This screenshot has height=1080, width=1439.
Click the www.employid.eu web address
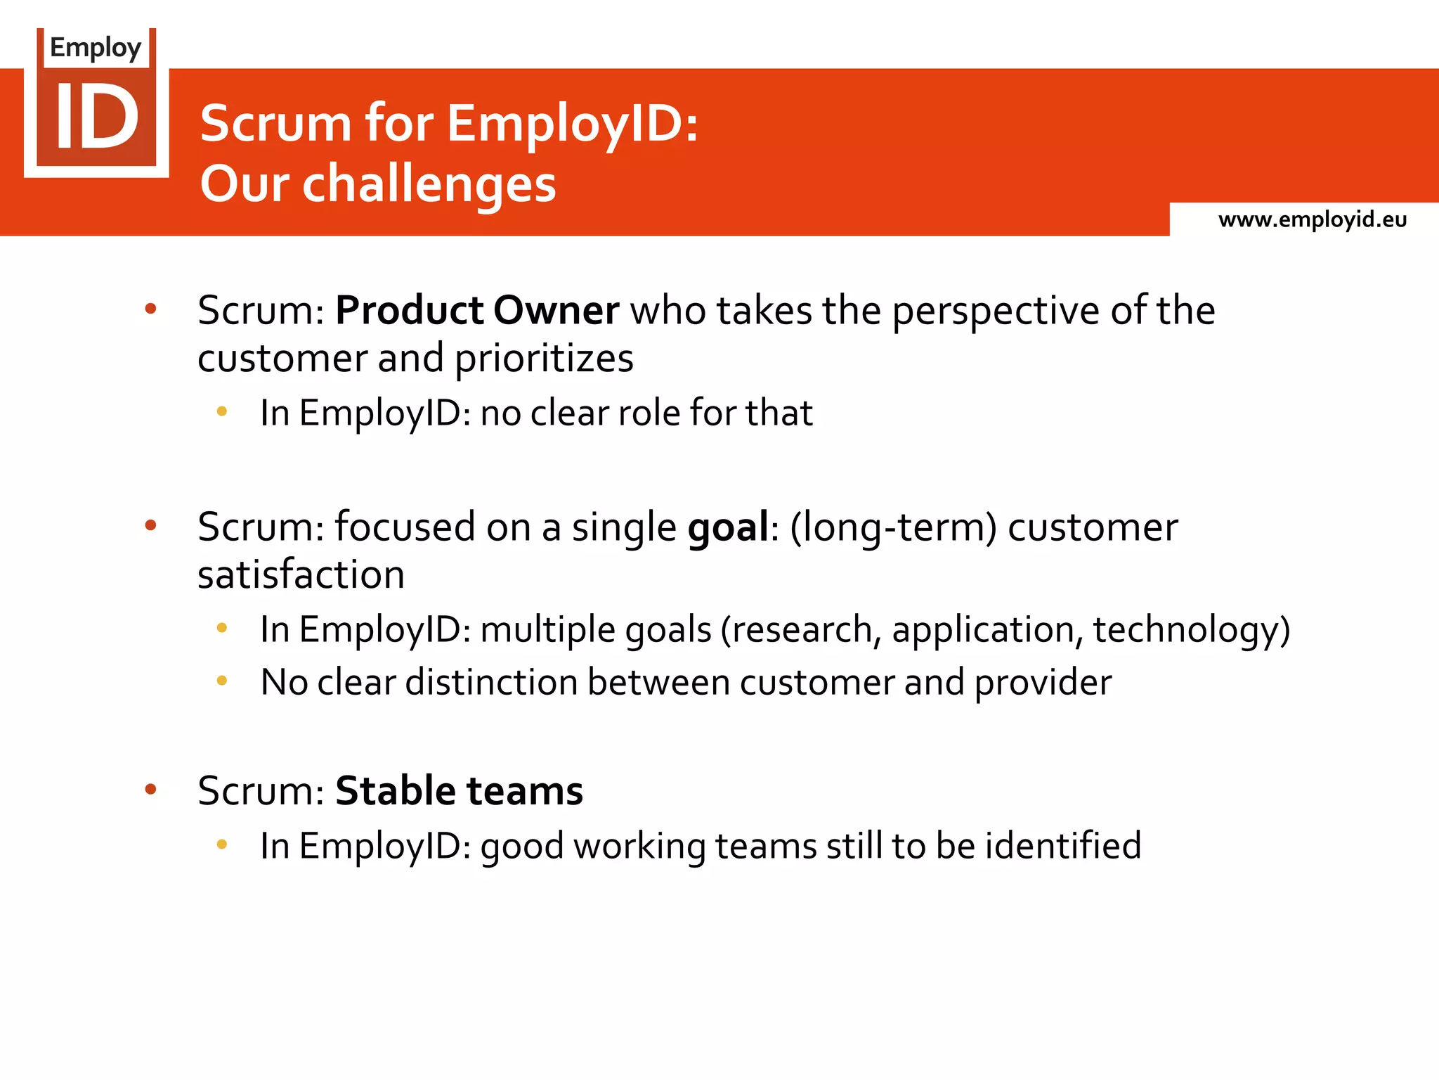(x=1312, y=220)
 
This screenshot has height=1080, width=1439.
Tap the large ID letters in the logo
(x=97, y=117)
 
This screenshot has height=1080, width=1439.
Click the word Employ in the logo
(x=96, y=48)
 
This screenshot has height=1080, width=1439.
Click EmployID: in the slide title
(x=573, y=124)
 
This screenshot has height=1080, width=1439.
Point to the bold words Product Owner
(x=477, y=310)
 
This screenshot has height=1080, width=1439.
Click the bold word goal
(x=728, y=528)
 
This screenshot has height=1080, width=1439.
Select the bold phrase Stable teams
(x=459, y=791)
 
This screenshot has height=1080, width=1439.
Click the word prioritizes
(x=544, y=359)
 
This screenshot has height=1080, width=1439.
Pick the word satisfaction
(x=301, y=575)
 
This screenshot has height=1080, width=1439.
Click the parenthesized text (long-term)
(x=893, y=528)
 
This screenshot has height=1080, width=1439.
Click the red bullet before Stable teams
(x=150, y=790)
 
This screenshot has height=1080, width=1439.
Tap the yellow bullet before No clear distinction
(x=222, y=681)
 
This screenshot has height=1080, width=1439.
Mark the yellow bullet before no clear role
(x=222, y=411)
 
